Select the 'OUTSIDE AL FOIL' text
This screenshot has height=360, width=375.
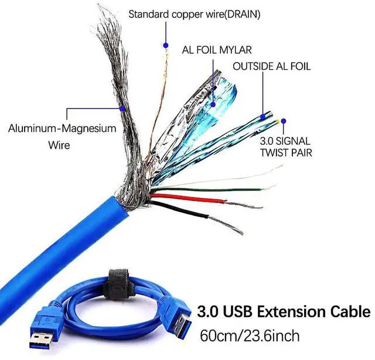271,66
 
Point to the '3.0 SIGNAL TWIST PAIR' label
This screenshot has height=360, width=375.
285,147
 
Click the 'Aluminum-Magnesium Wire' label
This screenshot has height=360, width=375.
62,135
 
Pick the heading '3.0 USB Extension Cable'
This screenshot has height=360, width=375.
284,310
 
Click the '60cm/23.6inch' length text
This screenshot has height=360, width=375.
250,336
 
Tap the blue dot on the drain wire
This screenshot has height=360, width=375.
166,45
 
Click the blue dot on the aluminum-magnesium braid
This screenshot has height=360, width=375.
121,108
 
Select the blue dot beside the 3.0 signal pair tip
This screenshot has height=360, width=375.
284,121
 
